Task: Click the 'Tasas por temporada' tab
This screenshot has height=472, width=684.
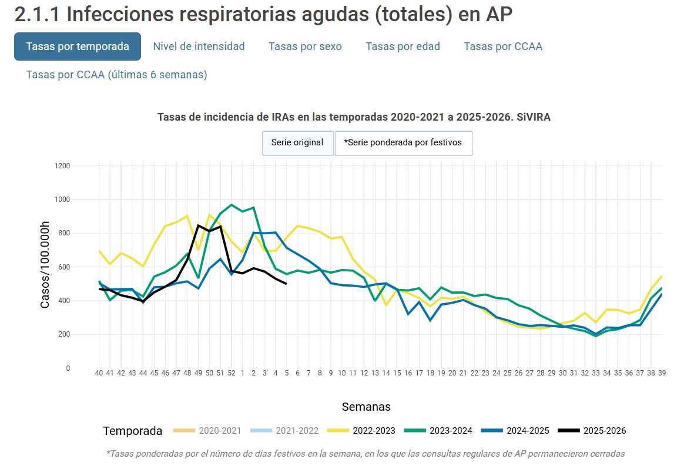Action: click(x=78, y=46)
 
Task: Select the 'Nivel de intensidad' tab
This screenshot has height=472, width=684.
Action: click(x=199, y=46)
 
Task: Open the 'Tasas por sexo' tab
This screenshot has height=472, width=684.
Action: click(x=305, y=46)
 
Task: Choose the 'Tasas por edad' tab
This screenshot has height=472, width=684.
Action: click(x=403, y=46)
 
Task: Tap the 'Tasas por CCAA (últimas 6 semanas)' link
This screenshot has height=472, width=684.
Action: click(x=116, y=75)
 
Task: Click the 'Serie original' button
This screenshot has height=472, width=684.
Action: click(x=297, y=142)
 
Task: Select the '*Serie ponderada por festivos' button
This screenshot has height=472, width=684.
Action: click(x=403, y=142)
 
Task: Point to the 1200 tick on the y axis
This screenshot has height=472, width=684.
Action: click(x=62, y=166)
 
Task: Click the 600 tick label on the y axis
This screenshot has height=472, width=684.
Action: click(x=64, y=267)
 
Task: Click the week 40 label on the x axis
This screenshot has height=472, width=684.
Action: click(x=99, y=373)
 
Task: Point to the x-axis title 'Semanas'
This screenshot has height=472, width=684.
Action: click(x=366, y=407)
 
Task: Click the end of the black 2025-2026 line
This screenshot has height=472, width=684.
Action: click(x=286, y=284)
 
